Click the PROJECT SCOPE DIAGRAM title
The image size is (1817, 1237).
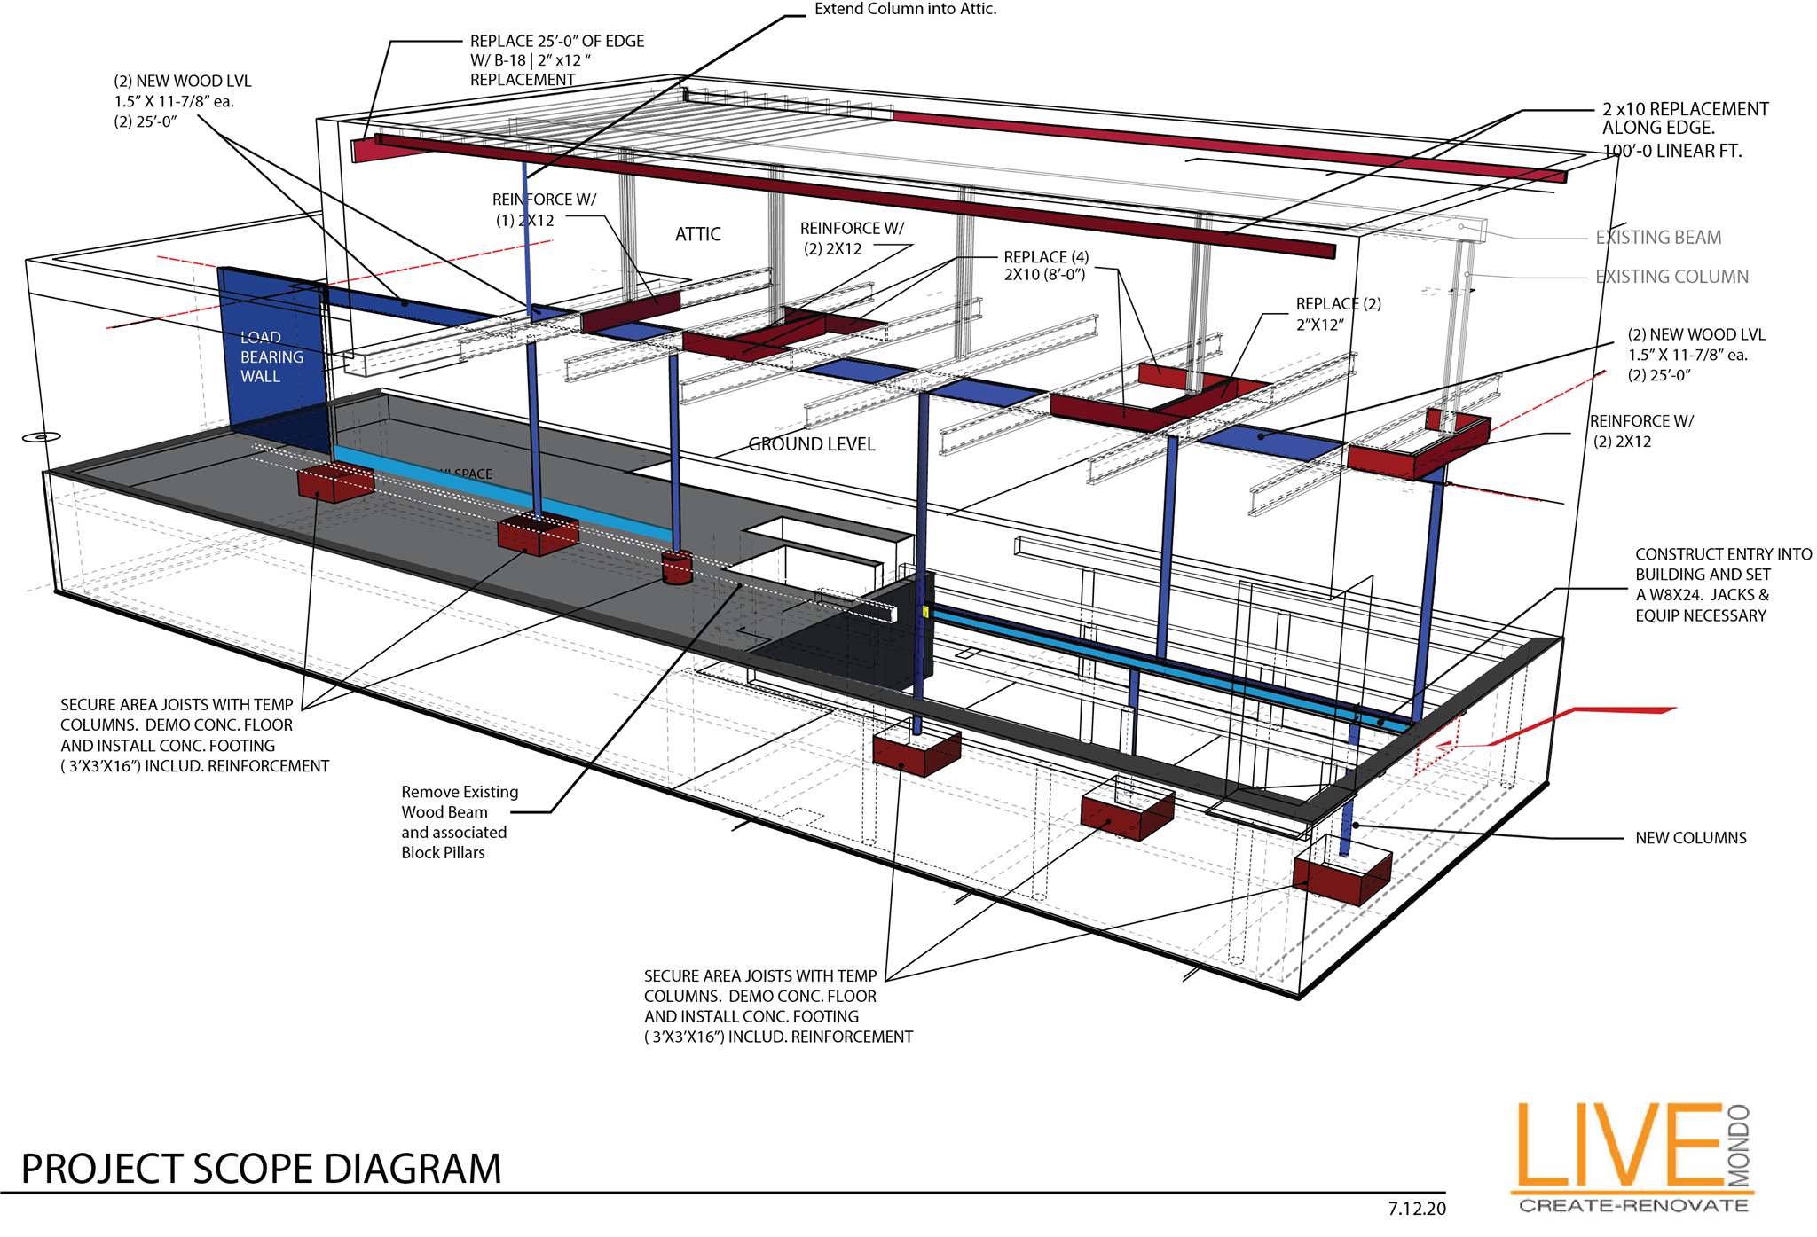pos(261,1169)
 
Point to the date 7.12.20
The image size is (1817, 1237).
pos(1416,1209)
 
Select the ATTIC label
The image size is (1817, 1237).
pos(698,234)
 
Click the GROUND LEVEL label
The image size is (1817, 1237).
pos(811,444)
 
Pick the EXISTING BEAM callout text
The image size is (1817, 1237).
pos(1657,238)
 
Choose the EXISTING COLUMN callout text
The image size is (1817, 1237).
pos(1671,277)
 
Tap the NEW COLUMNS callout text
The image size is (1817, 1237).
pos(1690,838)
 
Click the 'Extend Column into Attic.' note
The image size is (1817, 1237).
pos(905,9)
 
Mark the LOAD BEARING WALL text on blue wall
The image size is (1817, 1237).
pos(271,356)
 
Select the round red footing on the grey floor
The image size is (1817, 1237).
pos(677,568)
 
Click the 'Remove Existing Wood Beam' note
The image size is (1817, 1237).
pos(459,822)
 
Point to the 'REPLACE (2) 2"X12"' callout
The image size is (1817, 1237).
pos(1338,314)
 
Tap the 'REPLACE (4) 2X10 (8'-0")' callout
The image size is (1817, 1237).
pos(1046,266)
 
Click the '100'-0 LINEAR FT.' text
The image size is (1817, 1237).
pos(1671,152)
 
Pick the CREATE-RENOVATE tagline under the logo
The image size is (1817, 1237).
pos(1633,1206)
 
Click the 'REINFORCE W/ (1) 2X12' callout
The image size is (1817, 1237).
pos(544,210)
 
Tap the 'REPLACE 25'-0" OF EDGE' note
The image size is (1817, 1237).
pos(556,60)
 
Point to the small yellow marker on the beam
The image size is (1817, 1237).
pos(925,612)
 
